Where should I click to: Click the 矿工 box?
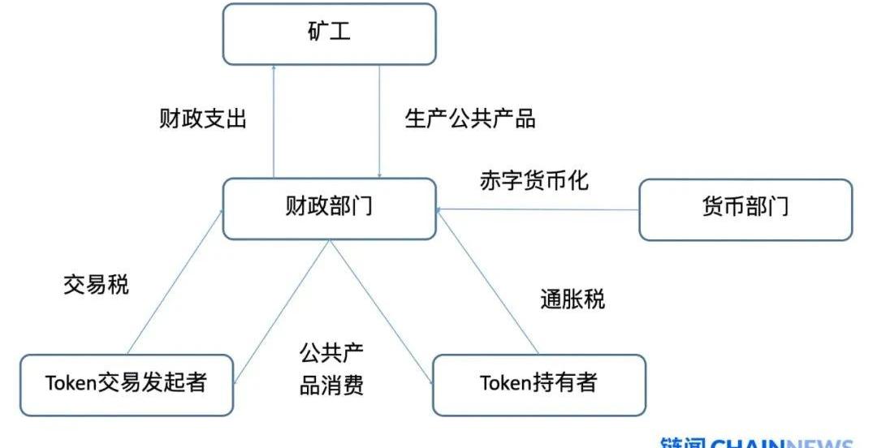pos(329,34)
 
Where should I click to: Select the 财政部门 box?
pos(329,209)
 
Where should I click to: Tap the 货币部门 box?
pos(745,209)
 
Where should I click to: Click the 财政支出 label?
pos(202,119)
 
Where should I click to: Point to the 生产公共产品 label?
pos(470,119)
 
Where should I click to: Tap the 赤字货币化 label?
pos(534,180)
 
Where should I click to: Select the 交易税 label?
pos(96,285)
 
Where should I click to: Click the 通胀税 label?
pos(572,299)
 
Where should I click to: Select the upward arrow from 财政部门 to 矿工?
pos(274,122)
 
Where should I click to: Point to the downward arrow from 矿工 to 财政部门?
pos(380,122)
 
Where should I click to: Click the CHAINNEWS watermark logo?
pos(755,442)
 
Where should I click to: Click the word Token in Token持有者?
pos(503,383)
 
